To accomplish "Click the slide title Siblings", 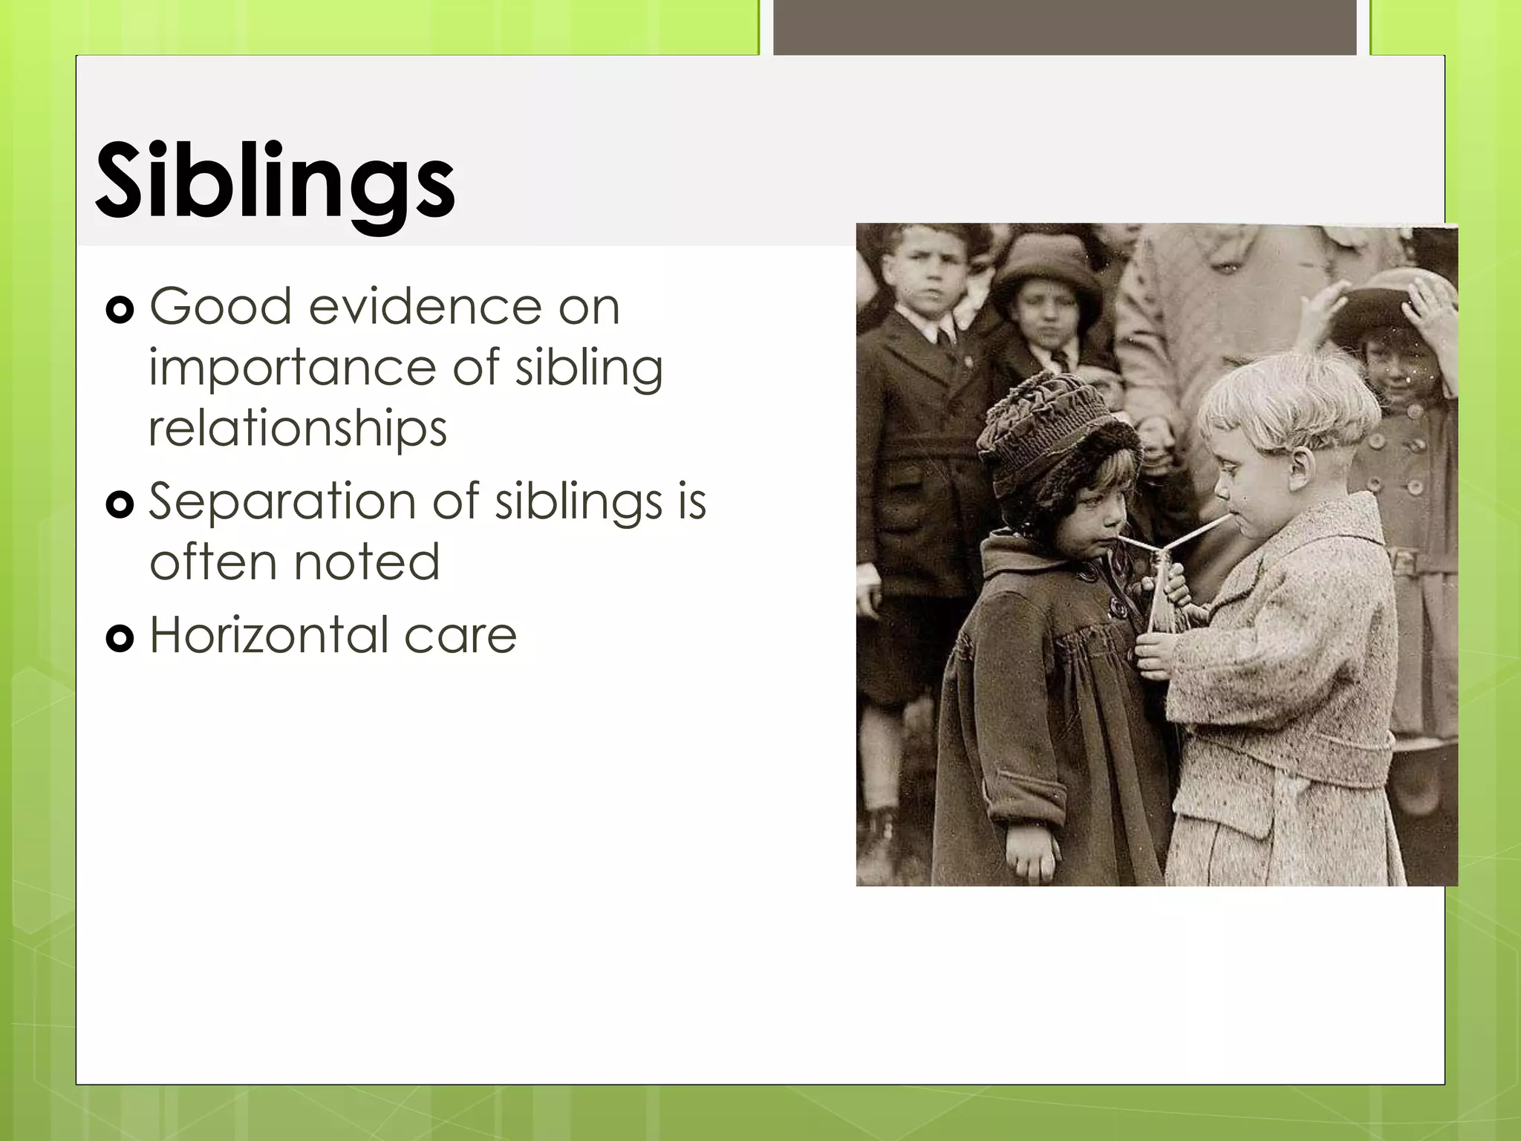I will [275, 182].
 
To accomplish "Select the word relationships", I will [298, 428].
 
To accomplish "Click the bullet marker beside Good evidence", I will [120, 311].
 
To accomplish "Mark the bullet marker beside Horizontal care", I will [120, 638].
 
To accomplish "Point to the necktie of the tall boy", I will [945, 342].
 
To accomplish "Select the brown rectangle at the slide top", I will [1065, 27].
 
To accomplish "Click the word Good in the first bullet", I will [220, 306].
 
